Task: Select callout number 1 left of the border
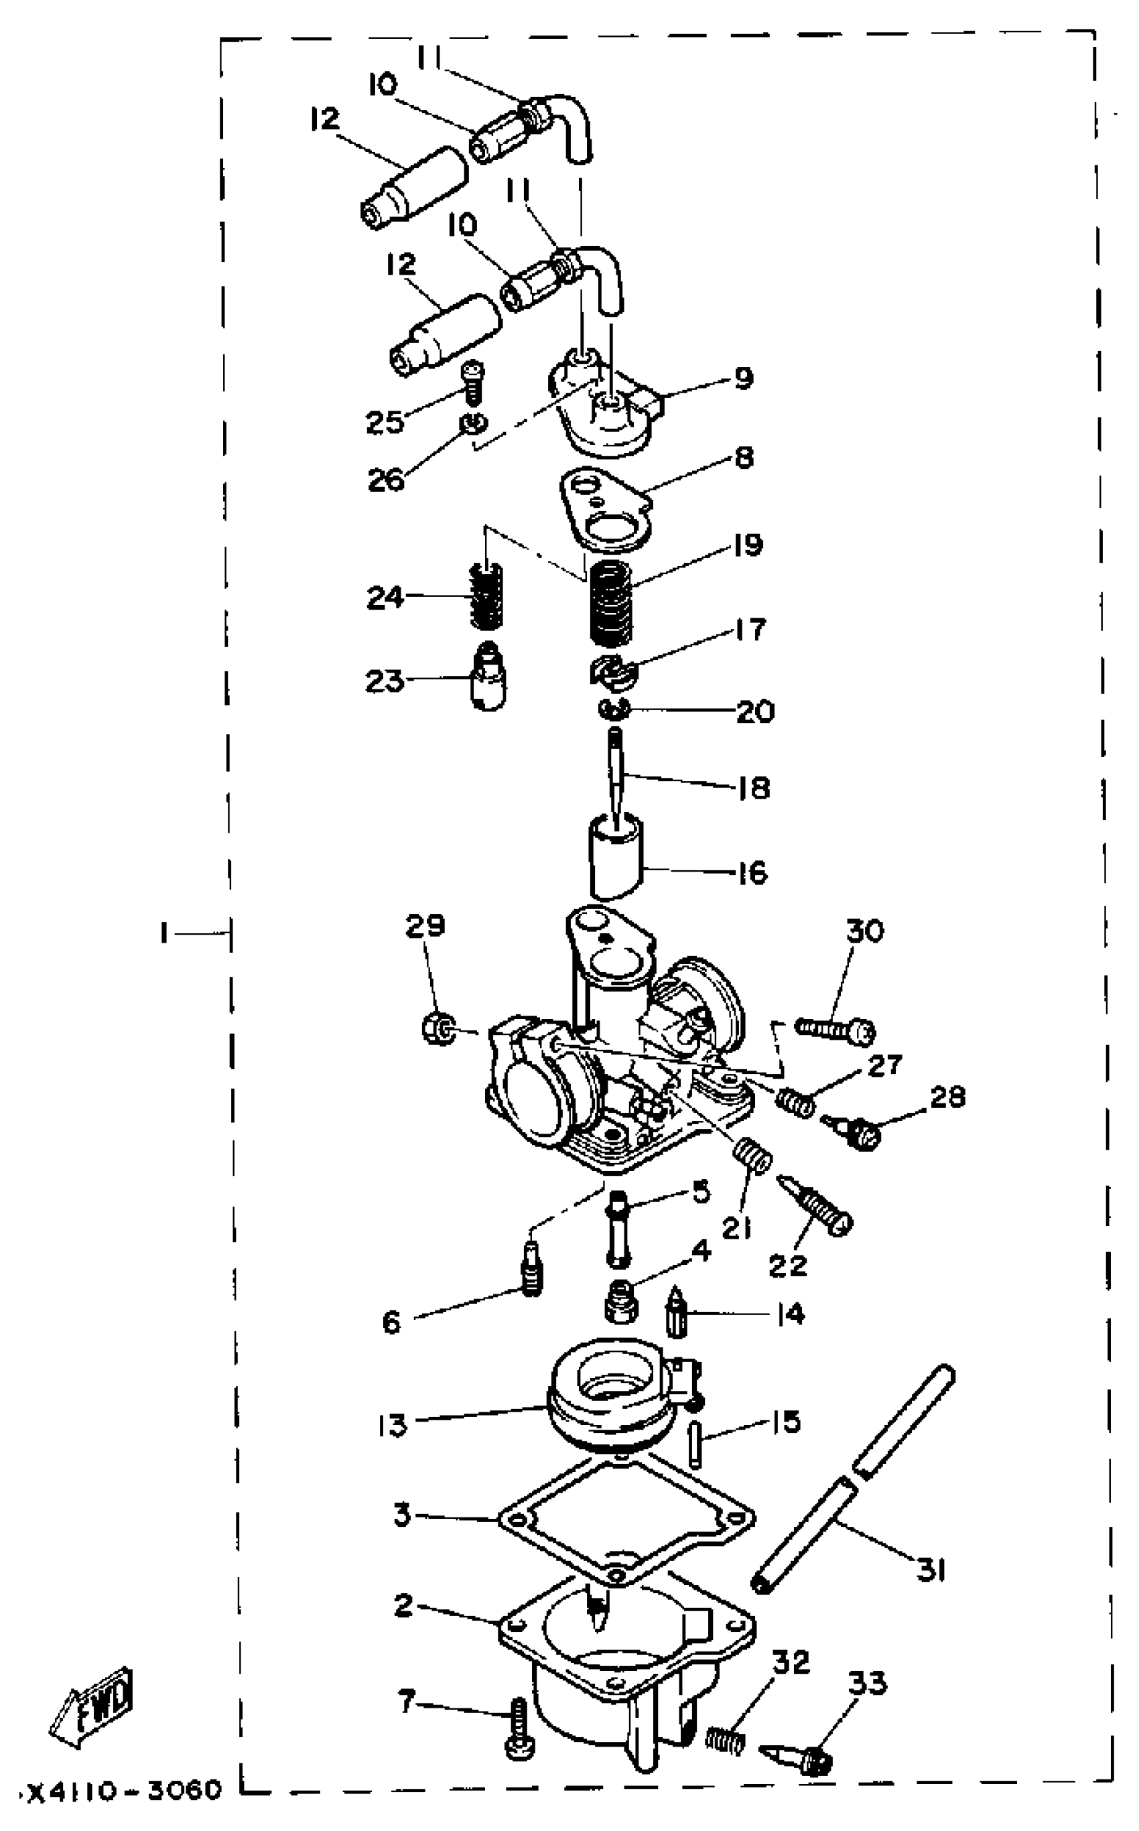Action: click(163, 934)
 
